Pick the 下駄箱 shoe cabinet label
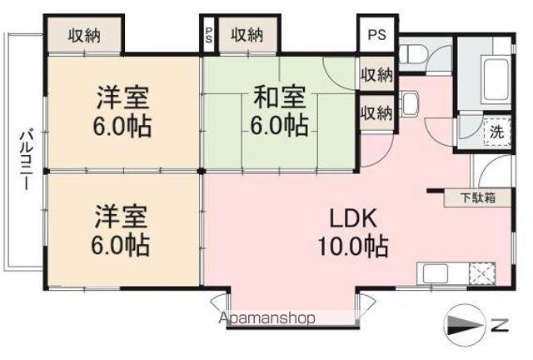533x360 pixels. tap(478, 198)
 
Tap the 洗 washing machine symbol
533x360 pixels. tap(495, 131)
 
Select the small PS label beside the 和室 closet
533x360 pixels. tap(208, 36)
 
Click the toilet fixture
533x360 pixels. tap(412, 54)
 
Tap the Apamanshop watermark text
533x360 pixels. tap(266, 317)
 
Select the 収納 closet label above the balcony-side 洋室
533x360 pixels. tap(84, 36)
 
